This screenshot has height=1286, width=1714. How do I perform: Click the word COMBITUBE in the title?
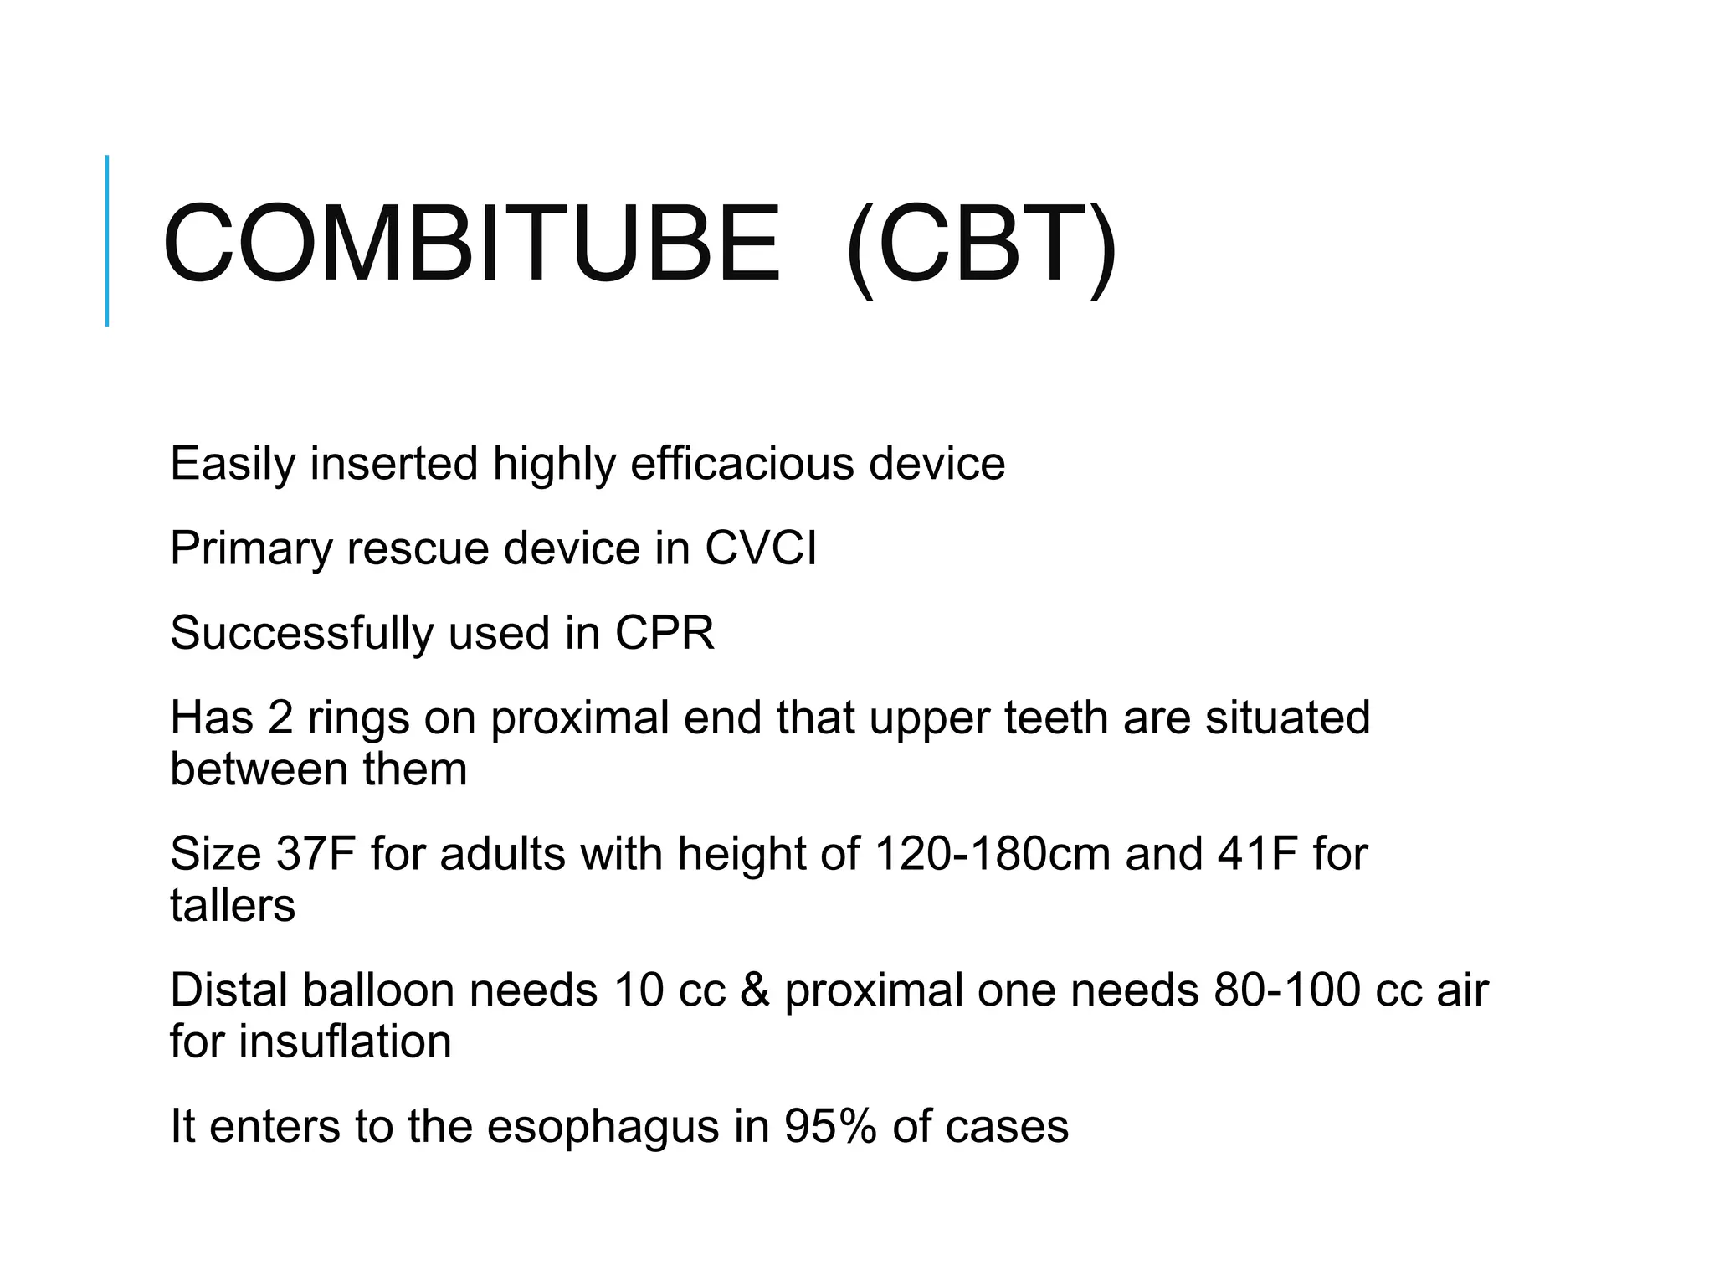click(x=471, y=244)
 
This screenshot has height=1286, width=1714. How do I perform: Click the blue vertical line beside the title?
click(x=107, y=240)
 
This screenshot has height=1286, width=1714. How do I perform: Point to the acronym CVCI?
click(x=760, y=548)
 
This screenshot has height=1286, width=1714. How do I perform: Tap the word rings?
click(x=358, y=718)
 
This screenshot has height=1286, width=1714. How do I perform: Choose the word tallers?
click(x=233, y=905)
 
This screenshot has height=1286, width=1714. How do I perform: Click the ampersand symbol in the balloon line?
click(x=755, y=990)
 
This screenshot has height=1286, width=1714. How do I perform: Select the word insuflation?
click(x=345, y=1042)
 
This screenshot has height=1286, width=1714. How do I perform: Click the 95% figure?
click(x=830, y=1126)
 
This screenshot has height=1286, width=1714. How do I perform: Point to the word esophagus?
click(x=603, y=1128)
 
